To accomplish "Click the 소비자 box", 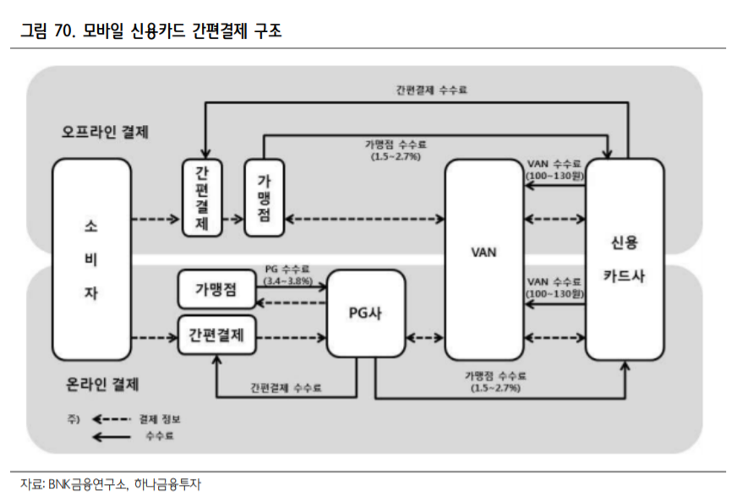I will point(91,260).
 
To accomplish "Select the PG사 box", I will point(365,313).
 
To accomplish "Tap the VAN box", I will point(483,252).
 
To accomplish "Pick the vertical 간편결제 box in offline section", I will point(201,197).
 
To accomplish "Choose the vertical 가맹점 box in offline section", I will point(264,197).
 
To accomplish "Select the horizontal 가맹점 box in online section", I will point(215,290).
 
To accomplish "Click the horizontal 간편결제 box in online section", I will point(215,335).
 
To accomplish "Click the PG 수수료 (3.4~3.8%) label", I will point(288,274).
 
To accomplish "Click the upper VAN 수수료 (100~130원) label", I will point(554,168).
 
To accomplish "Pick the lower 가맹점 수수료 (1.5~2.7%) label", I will point(495,381).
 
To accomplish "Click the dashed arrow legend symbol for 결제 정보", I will point(111,419).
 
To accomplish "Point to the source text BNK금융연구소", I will point(87,484).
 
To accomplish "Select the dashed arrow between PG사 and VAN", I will point(424,338).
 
